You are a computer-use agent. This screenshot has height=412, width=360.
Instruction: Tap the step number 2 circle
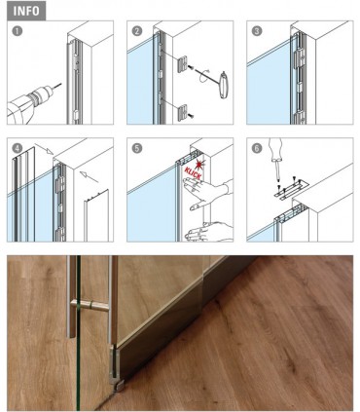pyautogui.click(x=137, y=31)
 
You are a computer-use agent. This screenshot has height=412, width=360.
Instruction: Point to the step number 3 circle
pyautogui.click(x=256, y=31)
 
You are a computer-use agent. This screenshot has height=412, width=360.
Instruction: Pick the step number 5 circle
pyautogui.click(x=137, y=149)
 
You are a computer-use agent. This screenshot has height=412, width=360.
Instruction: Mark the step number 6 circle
pyautogui.click(x=256, y=149)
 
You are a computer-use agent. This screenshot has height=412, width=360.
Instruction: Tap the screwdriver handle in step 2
pyautogui.click(x=223, y=78)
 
